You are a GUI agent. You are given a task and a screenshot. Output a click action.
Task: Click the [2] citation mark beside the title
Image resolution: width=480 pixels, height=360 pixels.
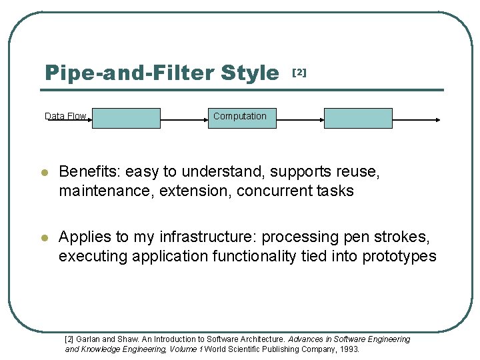[x=300, y=72]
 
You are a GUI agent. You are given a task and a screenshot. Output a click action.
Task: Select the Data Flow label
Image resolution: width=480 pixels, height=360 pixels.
[x=65, y=116]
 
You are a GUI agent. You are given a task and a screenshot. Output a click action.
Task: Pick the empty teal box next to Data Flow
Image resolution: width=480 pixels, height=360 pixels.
[x=126, y=118]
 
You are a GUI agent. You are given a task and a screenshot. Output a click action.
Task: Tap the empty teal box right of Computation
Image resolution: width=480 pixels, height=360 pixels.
[x=358, y=118]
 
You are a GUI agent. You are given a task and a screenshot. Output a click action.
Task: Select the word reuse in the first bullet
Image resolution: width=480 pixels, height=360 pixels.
[x=359, y=172]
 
